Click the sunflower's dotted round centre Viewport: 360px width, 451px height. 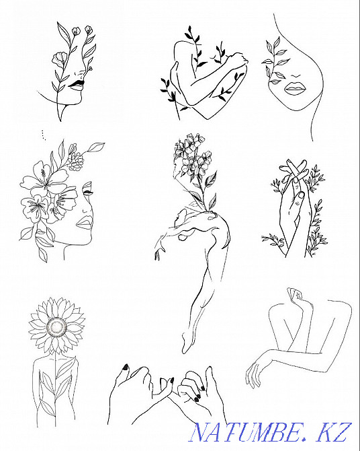point(56,327)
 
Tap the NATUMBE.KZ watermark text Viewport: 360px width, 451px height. point(270,432)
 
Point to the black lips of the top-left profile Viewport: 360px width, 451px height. point(76,85)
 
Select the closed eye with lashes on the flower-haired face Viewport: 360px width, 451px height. point(87,190)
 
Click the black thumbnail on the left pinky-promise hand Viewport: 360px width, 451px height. point(126,367)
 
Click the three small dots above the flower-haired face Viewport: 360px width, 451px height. point(43,135)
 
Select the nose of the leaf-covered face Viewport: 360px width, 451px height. point(296,76)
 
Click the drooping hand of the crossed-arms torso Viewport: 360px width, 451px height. point(254,372)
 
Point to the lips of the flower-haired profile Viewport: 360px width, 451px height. point(84,222)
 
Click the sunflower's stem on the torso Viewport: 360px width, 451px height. point(56,388)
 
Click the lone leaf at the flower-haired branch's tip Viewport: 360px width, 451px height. point(96,147)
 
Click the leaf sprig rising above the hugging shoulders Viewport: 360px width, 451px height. point(193,46)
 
